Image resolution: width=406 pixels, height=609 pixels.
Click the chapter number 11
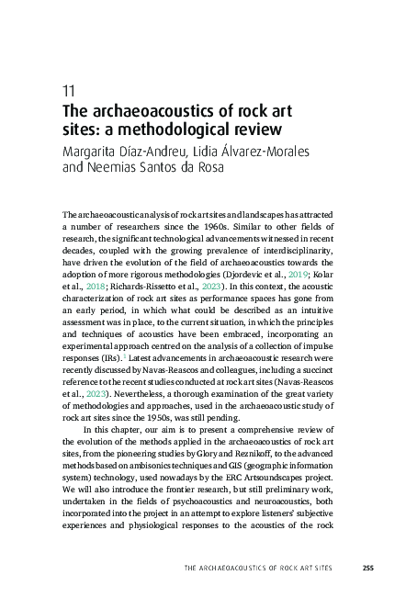(67, 91)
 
